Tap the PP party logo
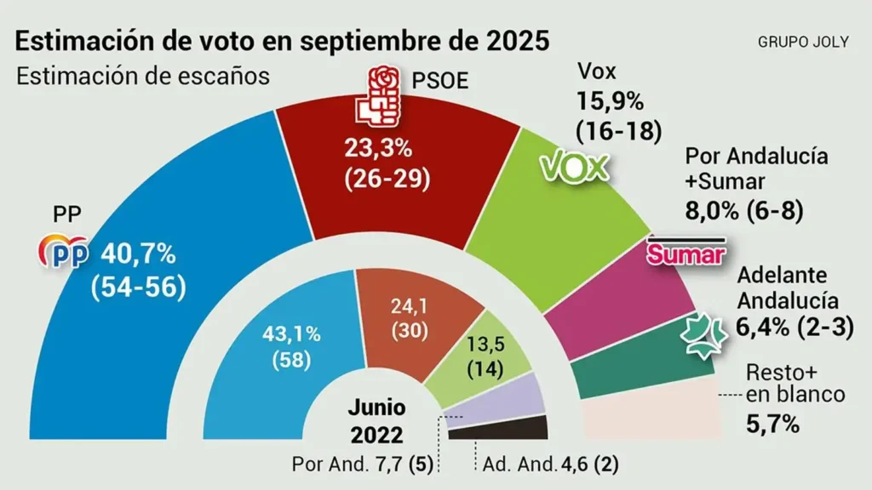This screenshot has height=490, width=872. (x=66, y=253)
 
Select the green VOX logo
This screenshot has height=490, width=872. (x=578, y=167)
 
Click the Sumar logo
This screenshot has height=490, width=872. (x=686, y=253)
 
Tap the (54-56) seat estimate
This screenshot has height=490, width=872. (x=138, y=287)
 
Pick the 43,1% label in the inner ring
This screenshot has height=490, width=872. (x=291, y=333)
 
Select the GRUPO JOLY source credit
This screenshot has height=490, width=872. (x=802, y=42)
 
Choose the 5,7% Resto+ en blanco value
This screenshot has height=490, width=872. (x=772, y=423)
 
